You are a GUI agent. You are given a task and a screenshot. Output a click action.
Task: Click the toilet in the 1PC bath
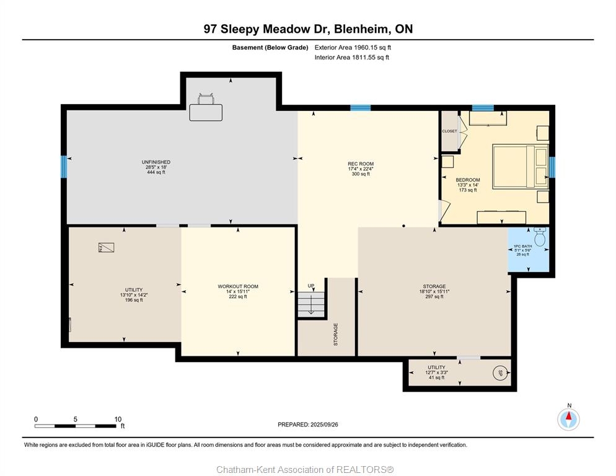click(x=540, y=236)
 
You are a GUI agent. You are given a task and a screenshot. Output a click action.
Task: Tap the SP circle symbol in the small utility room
click(x=500, y=373)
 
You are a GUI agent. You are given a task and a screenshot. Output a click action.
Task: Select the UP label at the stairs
click(x=310, y=286)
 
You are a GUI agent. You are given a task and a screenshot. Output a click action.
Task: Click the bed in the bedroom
click(x=520, y=166)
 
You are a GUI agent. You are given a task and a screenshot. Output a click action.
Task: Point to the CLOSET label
click(x=449, y=131)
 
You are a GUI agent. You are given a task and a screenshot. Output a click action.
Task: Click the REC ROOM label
click(x=361, y=164)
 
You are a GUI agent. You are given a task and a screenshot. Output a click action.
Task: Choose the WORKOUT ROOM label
click(x=238, y=286)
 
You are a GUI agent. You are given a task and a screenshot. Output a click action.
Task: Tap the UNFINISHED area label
click(x=156, y=162)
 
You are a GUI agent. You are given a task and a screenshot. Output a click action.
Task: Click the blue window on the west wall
click(x=64, y=167)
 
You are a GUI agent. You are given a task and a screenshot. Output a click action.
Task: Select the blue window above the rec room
click(x=361, y=108)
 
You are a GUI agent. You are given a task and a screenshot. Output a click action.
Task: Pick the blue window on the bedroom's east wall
click(x=552, y=167)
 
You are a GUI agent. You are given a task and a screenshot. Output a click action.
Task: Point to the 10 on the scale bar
click(x=118, y=420)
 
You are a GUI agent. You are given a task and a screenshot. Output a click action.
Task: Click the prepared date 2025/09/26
click(x=324, y=425)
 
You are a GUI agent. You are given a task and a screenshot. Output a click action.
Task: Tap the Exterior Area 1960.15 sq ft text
click(x=353, y=48)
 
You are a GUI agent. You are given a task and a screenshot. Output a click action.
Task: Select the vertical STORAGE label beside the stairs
click(x=335, y=335)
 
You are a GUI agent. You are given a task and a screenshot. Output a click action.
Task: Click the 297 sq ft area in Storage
click(x=434, y=297)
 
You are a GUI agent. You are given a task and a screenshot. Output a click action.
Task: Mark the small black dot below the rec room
click(x=403, y=226)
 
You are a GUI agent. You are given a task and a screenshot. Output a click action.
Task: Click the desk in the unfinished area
click(x=206, y=112)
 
